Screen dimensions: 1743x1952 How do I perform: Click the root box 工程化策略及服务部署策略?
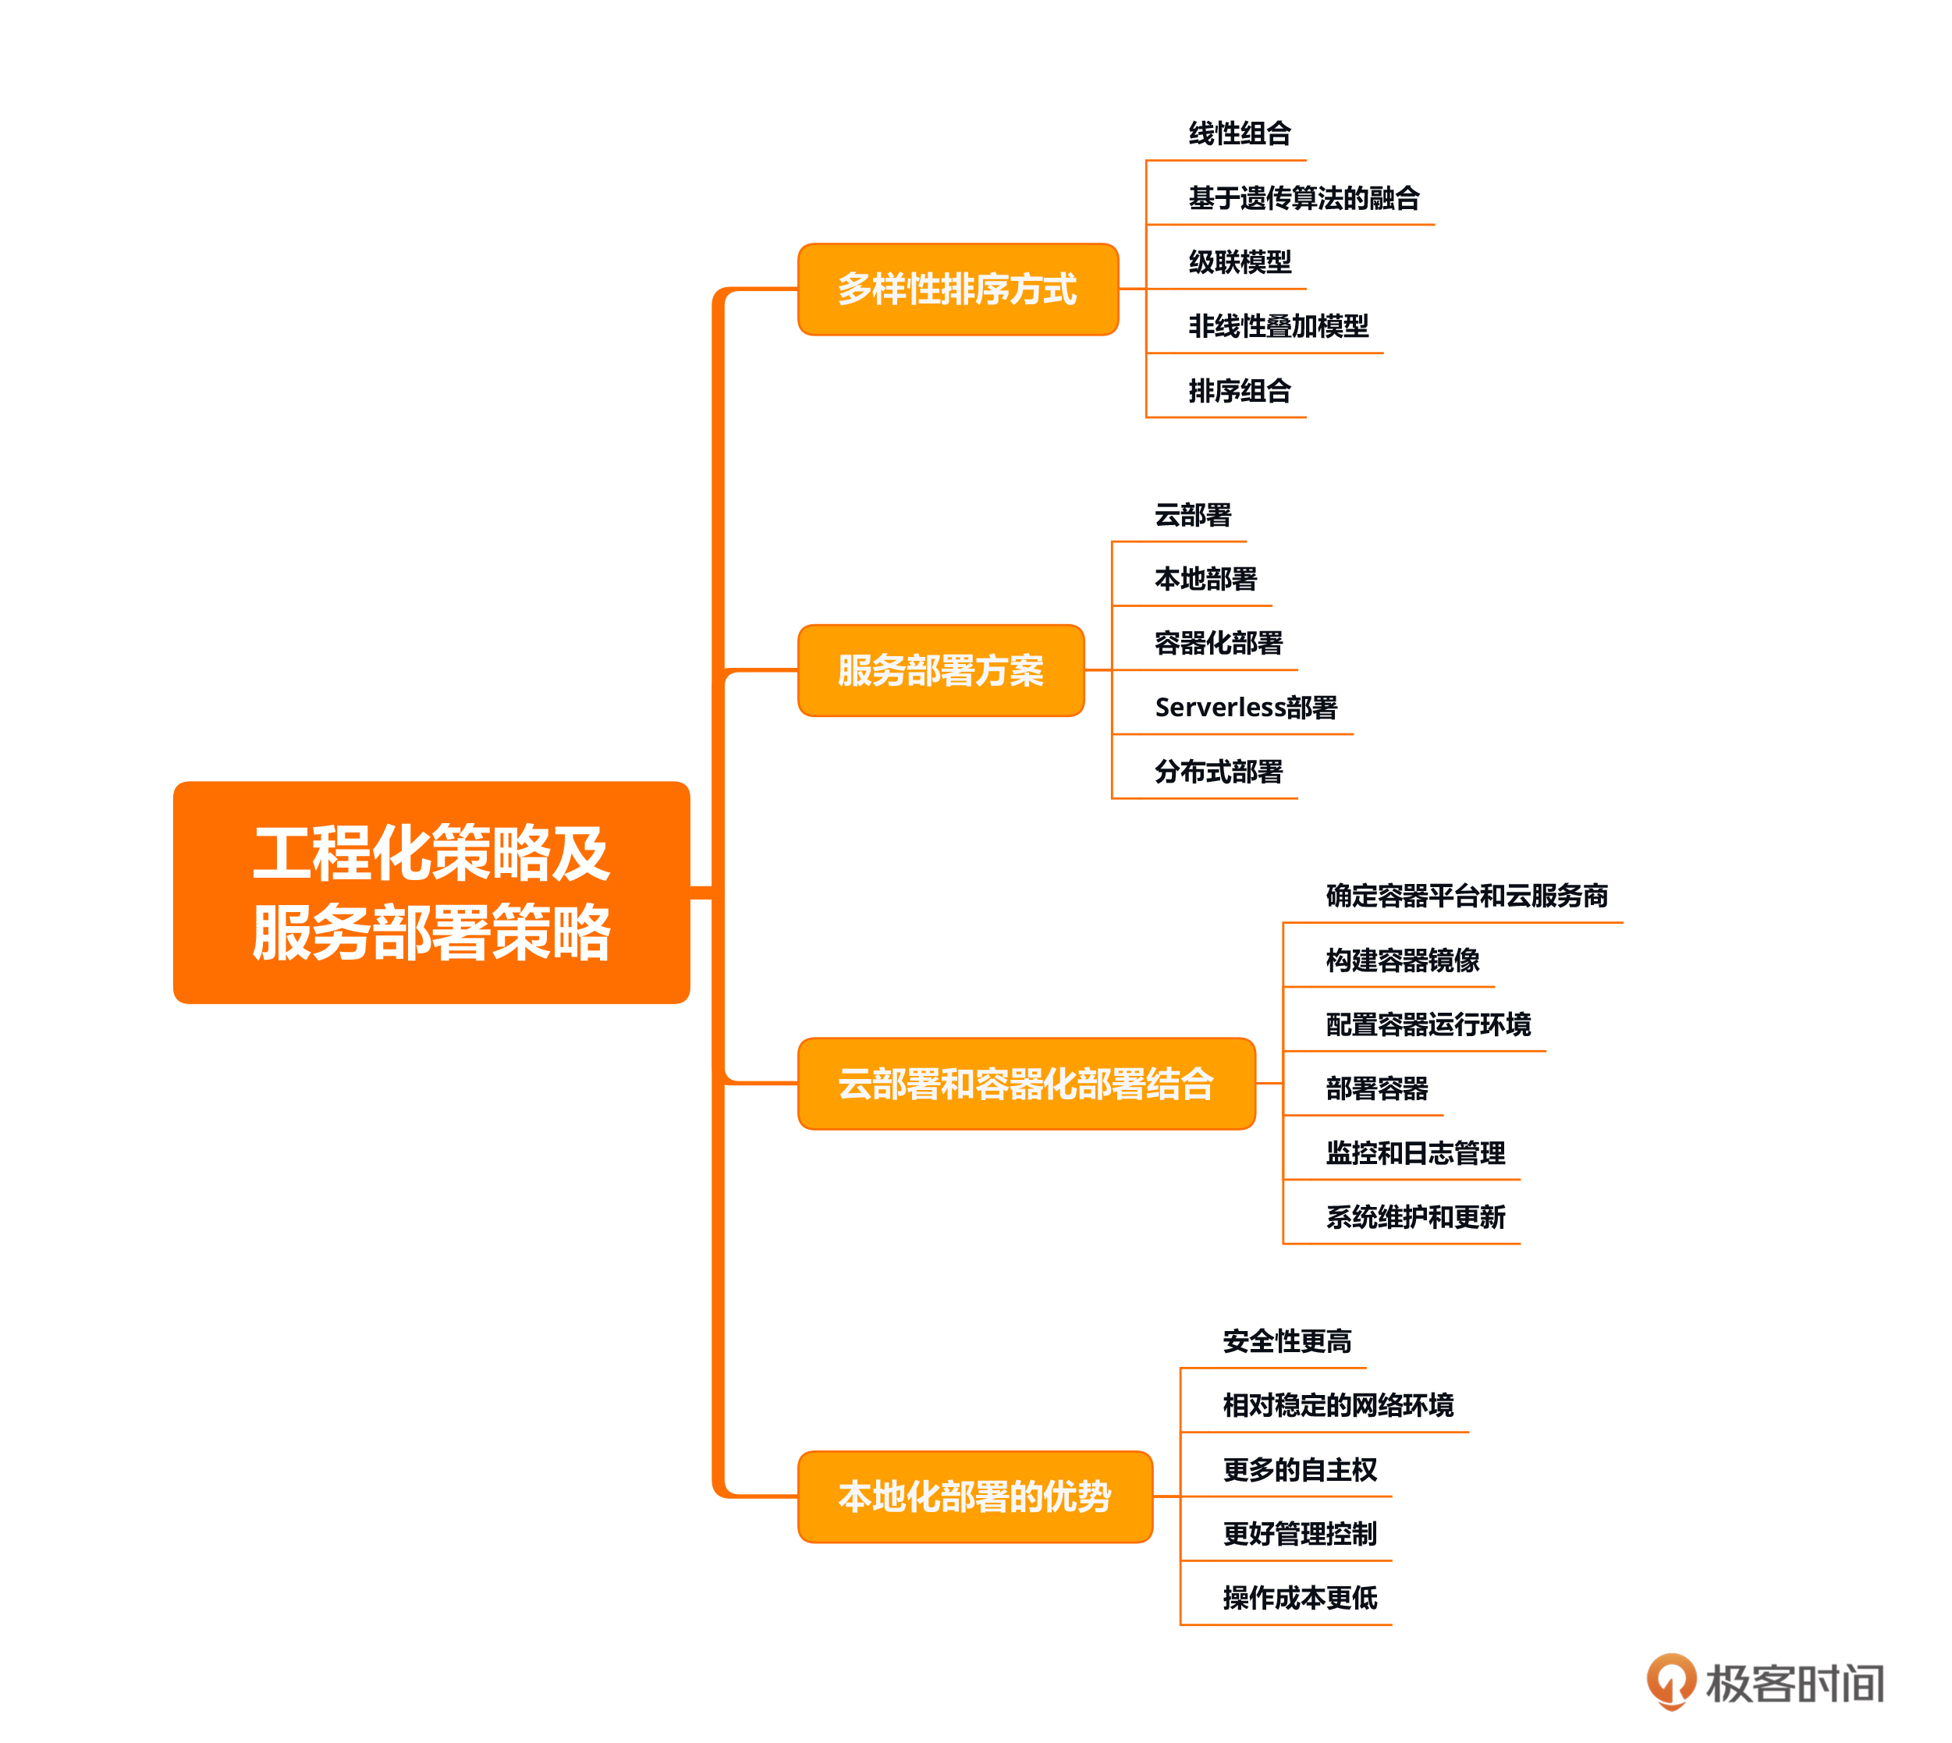tap(431, 892)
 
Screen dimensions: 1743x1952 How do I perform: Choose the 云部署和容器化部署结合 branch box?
tap(1025, 1083)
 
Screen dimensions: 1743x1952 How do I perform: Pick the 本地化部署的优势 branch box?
tap(974, 1496)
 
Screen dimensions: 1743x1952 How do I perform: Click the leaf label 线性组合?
tap(1240, 134)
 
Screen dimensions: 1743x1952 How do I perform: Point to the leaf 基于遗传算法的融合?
tap(1303, 198)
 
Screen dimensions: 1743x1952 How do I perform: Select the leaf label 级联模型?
tap(1240, 262)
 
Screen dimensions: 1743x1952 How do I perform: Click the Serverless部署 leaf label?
tap(1245, 708)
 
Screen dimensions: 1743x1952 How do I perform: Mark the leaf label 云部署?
tap(1192, 515)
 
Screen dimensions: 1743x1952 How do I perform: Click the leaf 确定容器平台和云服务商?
tap(1465, 896)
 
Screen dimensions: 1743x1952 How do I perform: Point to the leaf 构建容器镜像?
tap(1402, 960)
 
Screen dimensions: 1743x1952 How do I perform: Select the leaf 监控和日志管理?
tap(1414, 1153)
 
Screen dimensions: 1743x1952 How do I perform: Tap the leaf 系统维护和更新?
tap(1414, 1217)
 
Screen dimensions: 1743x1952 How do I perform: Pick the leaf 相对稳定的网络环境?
tap(1337, 1406)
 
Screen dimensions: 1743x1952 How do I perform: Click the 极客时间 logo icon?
tap(1670, 1681)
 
